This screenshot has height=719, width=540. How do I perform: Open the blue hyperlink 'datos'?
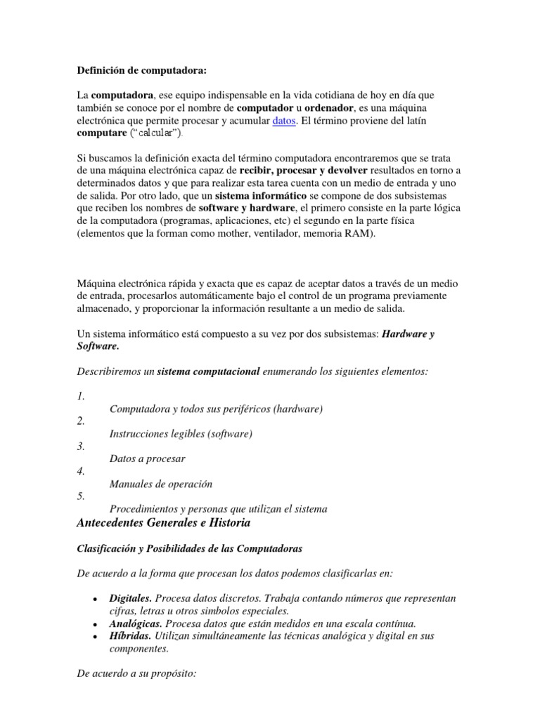284,121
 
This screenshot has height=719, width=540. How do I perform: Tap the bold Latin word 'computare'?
100,133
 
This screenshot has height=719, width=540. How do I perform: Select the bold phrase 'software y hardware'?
247,209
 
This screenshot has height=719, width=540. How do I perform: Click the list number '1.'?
81,396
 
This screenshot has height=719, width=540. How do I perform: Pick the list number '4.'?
81,471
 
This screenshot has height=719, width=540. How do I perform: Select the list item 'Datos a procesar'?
148,459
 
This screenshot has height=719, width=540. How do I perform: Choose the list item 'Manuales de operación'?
161,484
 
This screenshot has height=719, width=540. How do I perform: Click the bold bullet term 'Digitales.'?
130,598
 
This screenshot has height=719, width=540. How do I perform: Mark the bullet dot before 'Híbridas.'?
95,636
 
